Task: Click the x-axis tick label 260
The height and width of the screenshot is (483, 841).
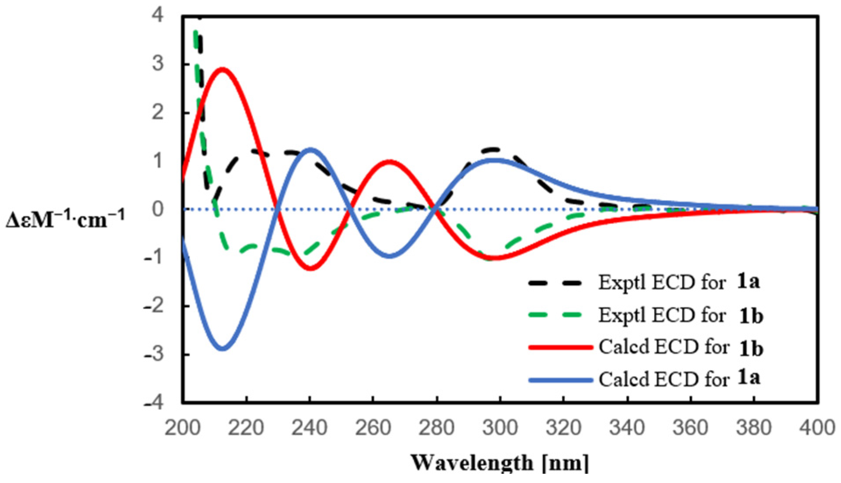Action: pos(373,427)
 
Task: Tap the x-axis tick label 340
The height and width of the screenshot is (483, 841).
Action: pos(628,427)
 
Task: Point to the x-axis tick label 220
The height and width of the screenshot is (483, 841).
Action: pos(246,427)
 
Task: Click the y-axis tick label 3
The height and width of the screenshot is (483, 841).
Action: pos(158,64)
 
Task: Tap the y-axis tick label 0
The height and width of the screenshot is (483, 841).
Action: pos(158,210)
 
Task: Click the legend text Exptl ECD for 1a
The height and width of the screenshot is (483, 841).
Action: pos(679,282)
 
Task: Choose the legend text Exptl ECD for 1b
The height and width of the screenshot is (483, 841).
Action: pos(681,315)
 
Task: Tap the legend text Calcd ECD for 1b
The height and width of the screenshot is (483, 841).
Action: pos(681,348)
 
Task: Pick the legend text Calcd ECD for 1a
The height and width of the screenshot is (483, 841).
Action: pos(679,379)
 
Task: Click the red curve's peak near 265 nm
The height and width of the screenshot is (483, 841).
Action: pos(390,161)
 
